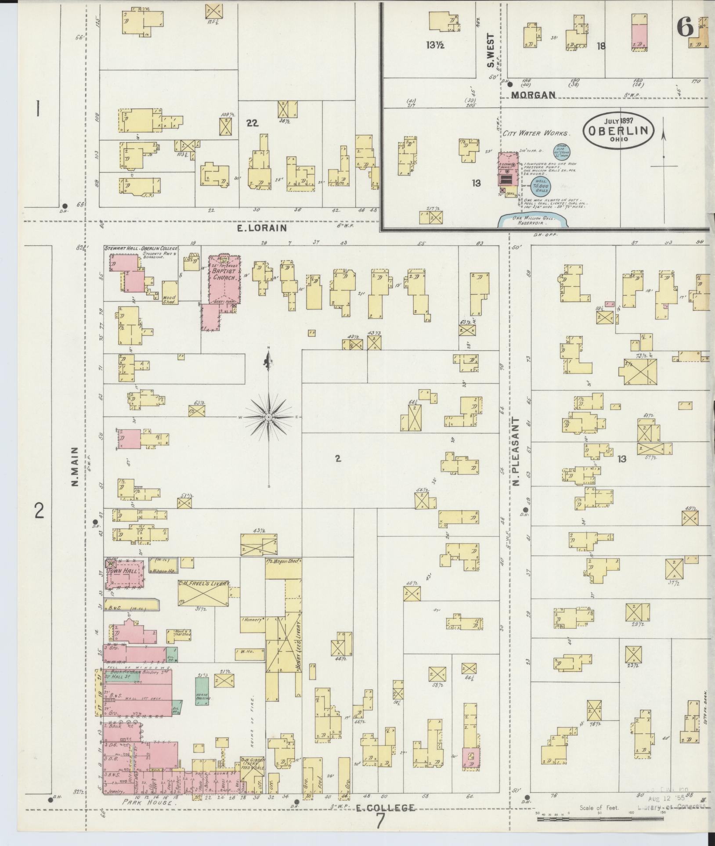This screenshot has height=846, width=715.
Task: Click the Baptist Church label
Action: tap(225, 275)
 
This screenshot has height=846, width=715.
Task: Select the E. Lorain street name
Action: tap(262, 228)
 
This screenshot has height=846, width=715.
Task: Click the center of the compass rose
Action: tap(269, 417)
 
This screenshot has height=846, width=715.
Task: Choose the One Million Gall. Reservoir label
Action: tap(534, 220)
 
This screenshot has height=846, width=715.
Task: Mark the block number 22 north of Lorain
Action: tap(252, 124)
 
